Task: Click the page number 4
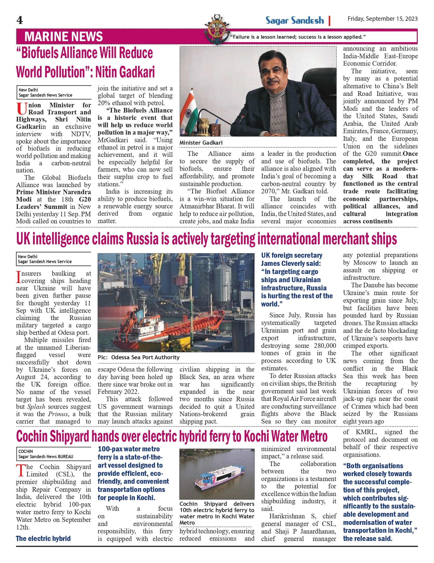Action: [x=20, y=20]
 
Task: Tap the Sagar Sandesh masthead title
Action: [x=295, y=21]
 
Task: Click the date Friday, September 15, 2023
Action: [x=382, y=19]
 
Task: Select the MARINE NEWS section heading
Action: [x=63, y=37]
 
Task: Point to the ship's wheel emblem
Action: [x=217, y=29]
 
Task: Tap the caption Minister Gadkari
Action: [x=201, y=143]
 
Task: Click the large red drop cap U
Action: [x=21, y=109]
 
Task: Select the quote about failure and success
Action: [x=298, y=37]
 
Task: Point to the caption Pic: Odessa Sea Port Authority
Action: [x=138, y=357]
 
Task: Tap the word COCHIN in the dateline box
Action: [x=26, y=451]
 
